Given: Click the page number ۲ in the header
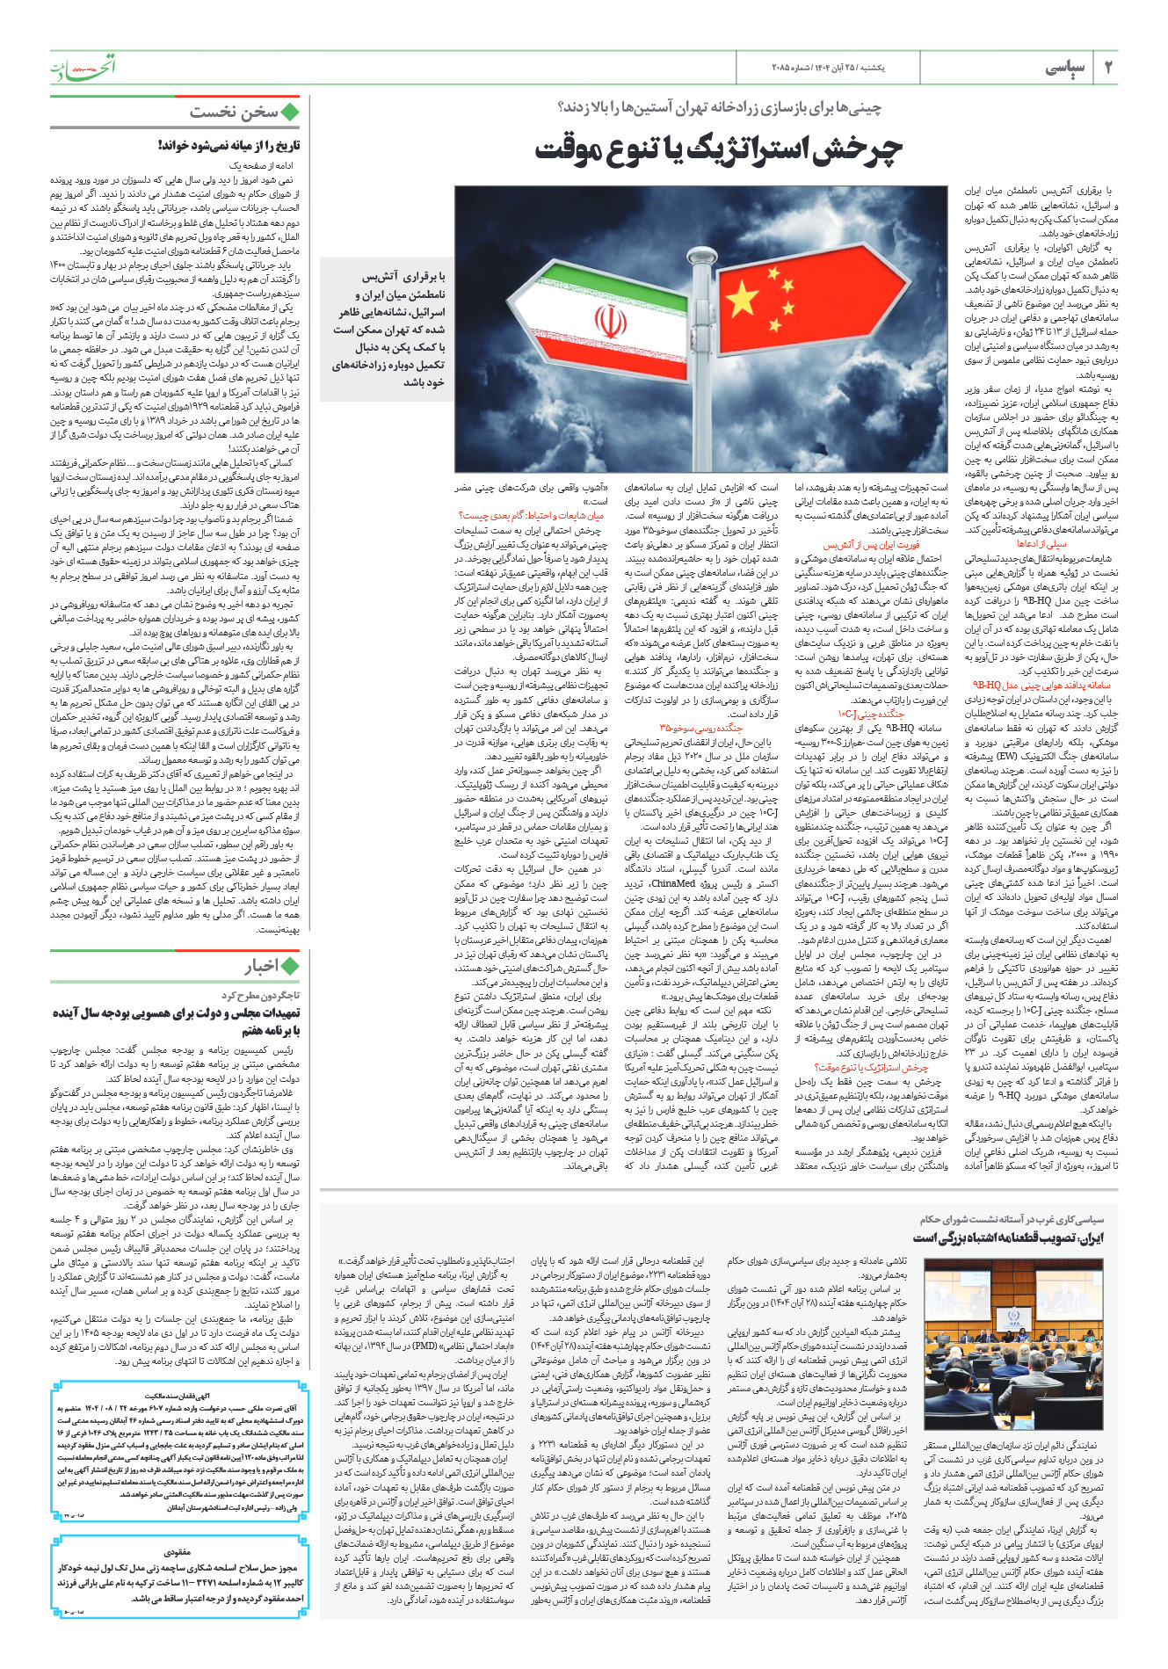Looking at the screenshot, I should (x=1108, y=68).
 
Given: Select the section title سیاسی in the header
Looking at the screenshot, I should (x=1065, y=68).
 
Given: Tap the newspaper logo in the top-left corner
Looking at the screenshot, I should (x=82, y=67).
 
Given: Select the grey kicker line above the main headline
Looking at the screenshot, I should (x=720, y=108).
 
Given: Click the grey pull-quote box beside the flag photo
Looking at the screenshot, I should (x=388, y=328).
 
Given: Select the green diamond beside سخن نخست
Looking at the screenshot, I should (x=289, y=112).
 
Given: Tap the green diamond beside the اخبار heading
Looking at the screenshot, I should (x=289, y=967).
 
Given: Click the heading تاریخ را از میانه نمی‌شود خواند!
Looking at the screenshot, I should (x=229, y=146).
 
